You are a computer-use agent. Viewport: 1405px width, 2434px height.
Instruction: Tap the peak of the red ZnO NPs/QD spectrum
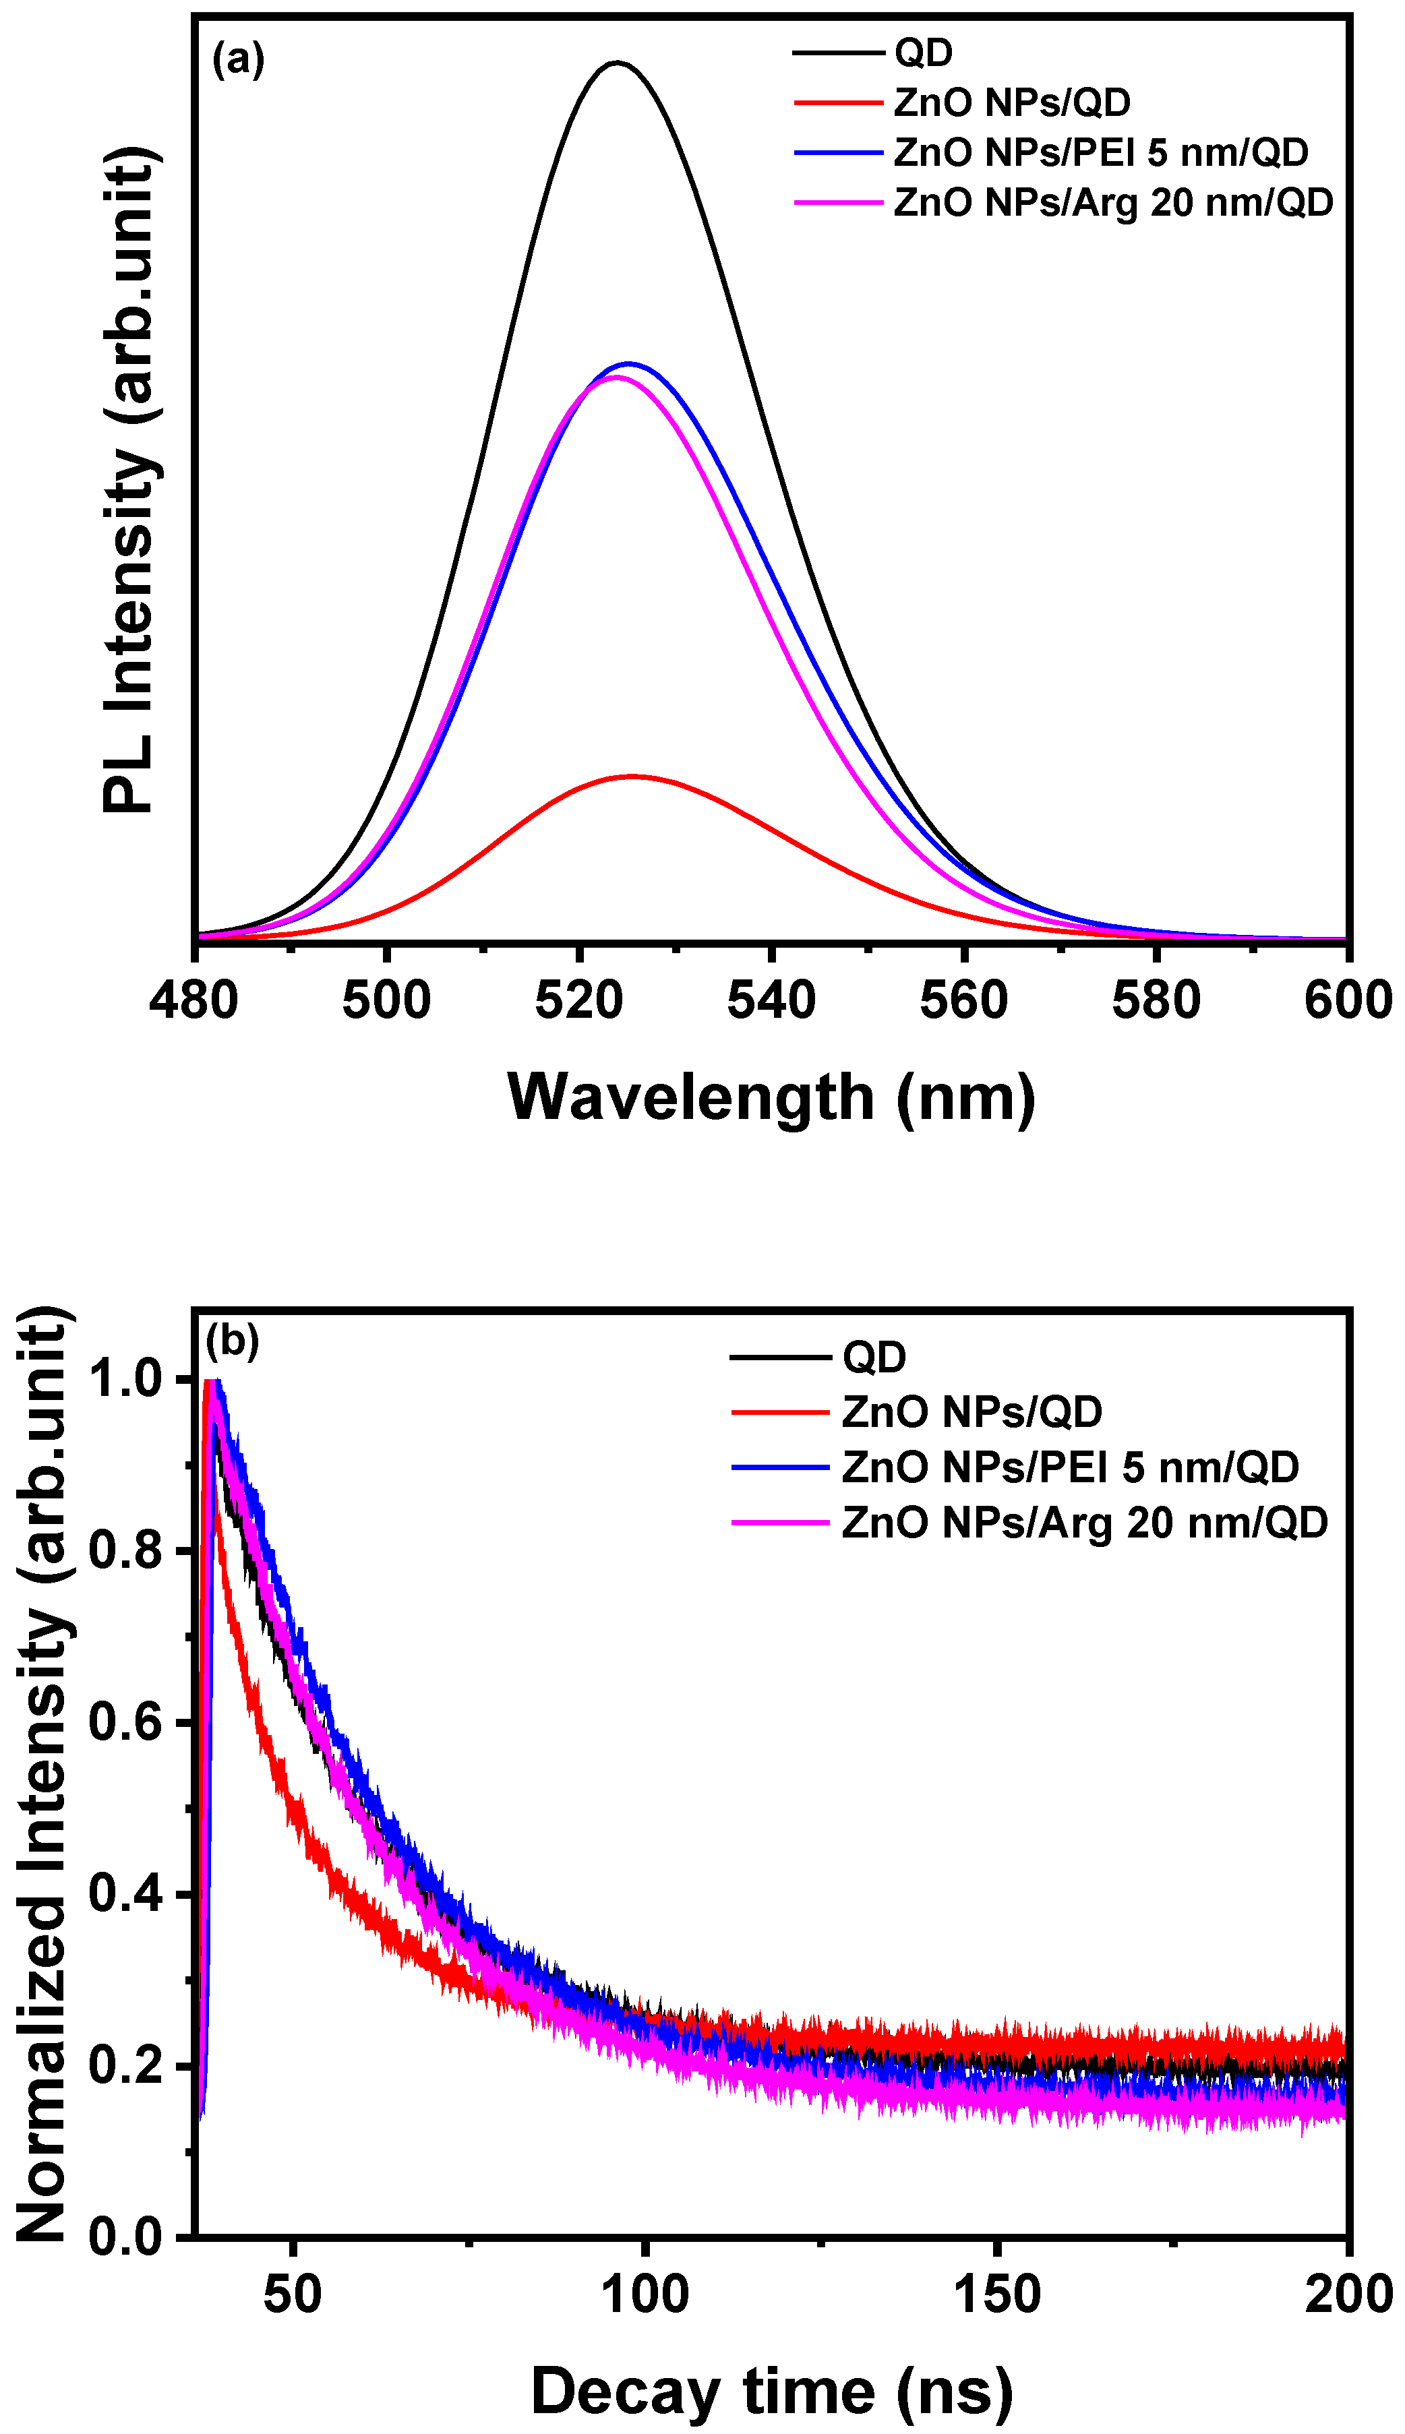(x=632, y=776)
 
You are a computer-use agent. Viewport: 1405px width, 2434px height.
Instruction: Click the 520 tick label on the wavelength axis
(x=579, y=1000)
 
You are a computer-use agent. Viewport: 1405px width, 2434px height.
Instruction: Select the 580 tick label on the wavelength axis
(x=1156, y=1000)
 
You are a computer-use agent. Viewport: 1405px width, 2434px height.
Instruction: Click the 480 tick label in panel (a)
(x=194, y=1000)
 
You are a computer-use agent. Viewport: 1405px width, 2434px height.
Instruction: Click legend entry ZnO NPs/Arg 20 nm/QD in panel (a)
(x=1112, y=203)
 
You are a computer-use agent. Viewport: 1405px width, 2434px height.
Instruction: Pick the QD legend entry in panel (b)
(x=874, y=1358)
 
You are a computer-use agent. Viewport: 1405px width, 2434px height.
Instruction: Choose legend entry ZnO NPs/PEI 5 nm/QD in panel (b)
(x=1070, y=1467)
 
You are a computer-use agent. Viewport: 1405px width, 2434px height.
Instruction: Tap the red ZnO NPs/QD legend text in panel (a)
(x=1011, y=102)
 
